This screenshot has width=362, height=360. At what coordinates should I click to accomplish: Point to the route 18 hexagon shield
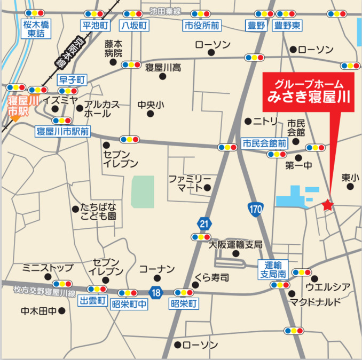click(x=156, y=292)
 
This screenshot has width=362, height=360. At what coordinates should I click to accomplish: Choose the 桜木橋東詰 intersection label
click(x=36, y=29)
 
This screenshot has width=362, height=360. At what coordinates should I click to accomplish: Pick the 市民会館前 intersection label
click(x=264, y=143)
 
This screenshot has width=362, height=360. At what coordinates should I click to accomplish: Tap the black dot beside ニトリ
click(x=247, y=121)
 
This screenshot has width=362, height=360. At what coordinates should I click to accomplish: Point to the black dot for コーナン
click(x=156, y=278)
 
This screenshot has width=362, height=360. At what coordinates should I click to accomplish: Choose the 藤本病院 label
click(x=114, y=49)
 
